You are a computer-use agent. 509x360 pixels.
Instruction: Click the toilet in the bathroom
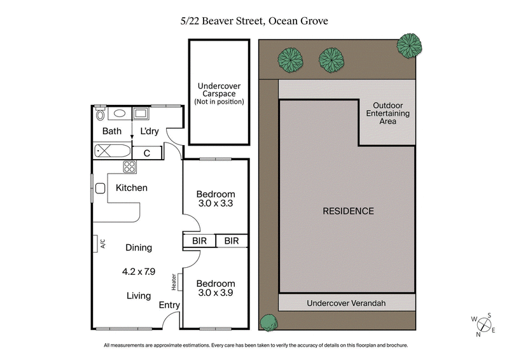[100, 114]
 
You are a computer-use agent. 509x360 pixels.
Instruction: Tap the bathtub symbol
[112, 153]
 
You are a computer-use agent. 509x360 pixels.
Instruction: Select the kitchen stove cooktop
[129, 167]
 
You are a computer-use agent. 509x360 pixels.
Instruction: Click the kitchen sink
[100, 188]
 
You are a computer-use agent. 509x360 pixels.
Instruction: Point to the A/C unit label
[102, 244]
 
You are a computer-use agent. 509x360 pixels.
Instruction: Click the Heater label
[174, 281]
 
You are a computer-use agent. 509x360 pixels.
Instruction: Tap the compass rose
[485, 323]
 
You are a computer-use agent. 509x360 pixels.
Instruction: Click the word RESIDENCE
[347, 211]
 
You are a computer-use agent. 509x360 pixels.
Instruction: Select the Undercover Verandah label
[346, 303]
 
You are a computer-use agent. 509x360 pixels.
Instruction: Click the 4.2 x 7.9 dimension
[139, 271]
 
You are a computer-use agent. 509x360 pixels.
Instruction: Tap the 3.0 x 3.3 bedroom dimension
[215, 205]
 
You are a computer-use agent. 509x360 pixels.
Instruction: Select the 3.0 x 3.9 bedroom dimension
[215, 294]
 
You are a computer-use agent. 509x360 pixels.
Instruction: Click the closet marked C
[146, 153]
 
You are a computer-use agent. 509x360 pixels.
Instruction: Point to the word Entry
[169, 305]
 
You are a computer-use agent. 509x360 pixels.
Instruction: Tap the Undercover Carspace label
[219, 93]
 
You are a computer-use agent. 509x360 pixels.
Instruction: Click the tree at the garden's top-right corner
[408, 46]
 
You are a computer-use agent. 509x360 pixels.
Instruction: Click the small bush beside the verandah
[268, 322]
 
